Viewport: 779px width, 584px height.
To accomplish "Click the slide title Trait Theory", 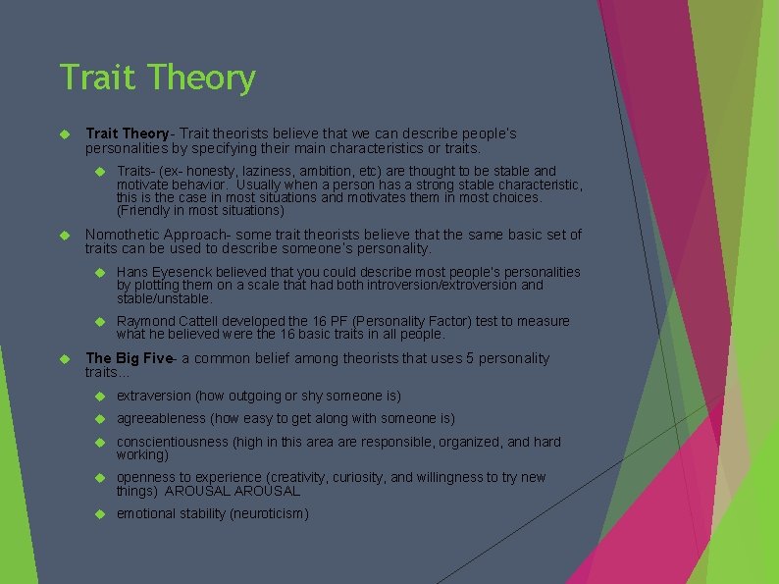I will click(x=157, y=79).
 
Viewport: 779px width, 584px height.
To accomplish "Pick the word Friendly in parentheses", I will click(x=146, y=210).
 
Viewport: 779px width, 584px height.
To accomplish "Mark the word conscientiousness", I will click(x=173, y=442).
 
